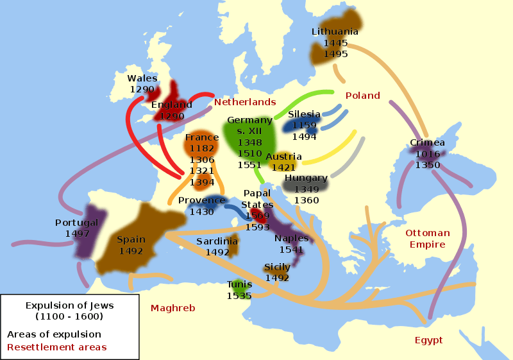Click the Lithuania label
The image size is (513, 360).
pyautogui.click(x=335, y=31)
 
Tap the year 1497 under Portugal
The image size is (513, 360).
pyautogui.click(x=77, y=234)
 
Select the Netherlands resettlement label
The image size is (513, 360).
pyautogui.click(x=245, y=102)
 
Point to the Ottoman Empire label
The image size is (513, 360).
pyautogui.click(x=428, y=239)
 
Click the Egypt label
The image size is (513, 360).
pyautogui.click(x=428, y=340)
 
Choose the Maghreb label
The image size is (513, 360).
pyautogui.click(x=172, y=308)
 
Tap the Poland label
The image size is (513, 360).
pyautogui.click(x=363, y=96)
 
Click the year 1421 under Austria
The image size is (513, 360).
pyautogui.click(x=283, y=167)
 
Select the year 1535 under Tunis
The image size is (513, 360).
pyautogui.click(x=239, y=296)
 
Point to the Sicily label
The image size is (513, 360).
pyautogui.click(x=277, y=267)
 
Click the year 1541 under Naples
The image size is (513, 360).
pyautogui.click(x=292, y=250)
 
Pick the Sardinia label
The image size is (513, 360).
pyautogui.click(x=217, y=241)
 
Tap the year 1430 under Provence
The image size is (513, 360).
pyautogui.click(x=201, y=212)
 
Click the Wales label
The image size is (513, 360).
pyautogui.click(x=142, y=79)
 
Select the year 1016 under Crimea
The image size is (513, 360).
pyautogui.click(x=428, y=154)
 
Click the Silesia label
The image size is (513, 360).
pyautogui.click(x=304, y=114)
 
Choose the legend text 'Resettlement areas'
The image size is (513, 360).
pyautogui.click(x=57, y=347)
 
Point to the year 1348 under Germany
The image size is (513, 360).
pyautogui.click(x=249, y=142)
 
